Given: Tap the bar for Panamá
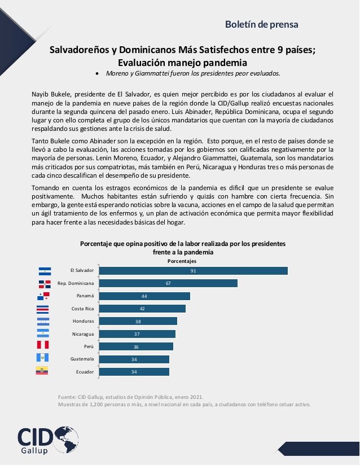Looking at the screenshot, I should (x=144, y=296).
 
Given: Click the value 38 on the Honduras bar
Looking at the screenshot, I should (x=138, y=321).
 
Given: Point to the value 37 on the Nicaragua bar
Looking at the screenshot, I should (x=138, y=334).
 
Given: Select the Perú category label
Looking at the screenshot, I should (x=87, y=346).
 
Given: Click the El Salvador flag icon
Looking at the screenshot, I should (x=44, y=271).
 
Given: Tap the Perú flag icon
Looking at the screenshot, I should (x=43, y=345).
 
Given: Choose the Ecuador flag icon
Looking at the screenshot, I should (x=43, y=371).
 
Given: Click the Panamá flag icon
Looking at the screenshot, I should (x=43, y=296).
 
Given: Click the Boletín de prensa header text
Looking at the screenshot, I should (x=261, y=24).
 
